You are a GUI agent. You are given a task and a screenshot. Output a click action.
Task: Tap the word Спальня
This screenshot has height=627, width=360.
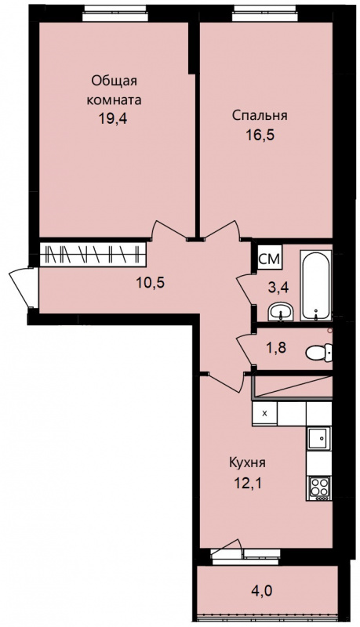coord(260,115)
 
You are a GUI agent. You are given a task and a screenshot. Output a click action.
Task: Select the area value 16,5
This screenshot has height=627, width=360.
coord(260,134)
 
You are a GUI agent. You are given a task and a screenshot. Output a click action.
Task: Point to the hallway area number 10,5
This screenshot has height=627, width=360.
coord(151,283)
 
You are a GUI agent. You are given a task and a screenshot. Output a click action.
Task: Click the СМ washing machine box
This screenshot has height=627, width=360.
coord(270,259)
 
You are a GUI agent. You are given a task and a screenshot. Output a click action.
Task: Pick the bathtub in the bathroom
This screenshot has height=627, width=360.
coord(316,285)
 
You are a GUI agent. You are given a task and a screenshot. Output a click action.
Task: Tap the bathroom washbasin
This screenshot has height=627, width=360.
coord(281,310)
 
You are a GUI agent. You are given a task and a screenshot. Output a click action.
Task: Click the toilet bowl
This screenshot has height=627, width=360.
coord(318,352)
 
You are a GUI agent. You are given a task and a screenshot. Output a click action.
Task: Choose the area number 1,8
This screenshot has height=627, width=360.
coord(276,346)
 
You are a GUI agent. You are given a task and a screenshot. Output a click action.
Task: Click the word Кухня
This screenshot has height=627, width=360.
coord(248,463)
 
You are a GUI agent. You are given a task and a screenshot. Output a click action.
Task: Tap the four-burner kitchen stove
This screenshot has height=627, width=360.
coord(319,488)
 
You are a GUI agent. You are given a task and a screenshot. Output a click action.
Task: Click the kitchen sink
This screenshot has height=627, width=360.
coord(319,438)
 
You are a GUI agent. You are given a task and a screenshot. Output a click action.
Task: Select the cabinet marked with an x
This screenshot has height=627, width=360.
coord(264,414)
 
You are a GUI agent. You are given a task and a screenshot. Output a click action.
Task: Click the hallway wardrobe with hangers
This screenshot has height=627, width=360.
coord(93,254)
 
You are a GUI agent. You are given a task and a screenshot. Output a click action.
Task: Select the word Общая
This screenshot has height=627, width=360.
coord(115,82)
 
